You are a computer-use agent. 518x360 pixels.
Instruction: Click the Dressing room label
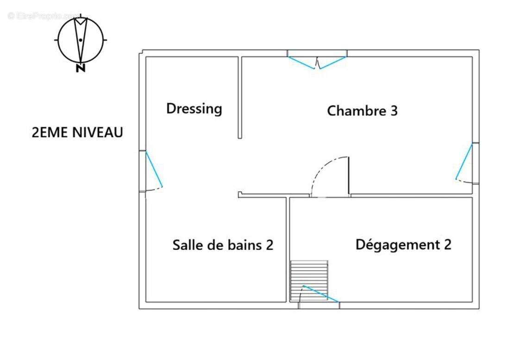pos(194,109)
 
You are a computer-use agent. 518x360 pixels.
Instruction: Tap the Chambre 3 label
pos(362,111)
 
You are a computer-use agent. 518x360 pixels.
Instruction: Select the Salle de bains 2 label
pos(223,245)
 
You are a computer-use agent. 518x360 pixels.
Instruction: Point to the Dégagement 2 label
pos(403,245)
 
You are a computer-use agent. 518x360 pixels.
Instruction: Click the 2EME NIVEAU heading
pos(77,132)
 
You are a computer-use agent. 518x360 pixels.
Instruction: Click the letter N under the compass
pos(81,68)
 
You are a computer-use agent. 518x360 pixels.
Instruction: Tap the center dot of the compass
pos(81,40)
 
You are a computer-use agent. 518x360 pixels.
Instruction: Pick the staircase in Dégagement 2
pos(309,281)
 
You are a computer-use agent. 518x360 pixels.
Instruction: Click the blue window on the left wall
pos(154,169)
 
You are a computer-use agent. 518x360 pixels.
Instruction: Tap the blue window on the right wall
pos(464,161)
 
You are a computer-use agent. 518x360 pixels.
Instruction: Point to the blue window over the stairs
pos(321,294)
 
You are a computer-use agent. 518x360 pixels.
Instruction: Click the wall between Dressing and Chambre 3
pos(240,97)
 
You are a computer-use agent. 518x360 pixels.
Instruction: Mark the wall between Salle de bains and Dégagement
pos(288,250)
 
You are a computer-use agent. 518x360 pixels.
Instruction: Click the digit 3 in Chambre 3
pos(394,111)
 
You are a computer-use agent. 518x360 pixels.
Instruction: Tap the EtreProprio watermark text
pos(43,16)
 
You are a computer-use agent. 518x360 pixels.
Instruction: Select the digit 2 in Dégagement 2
pos(448,244)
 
